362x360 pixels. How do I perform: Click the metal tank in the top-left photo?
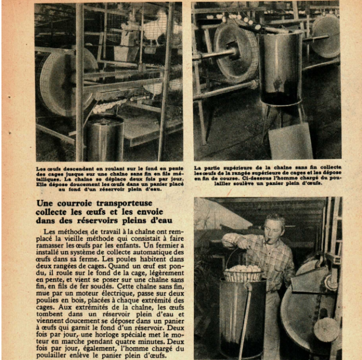[106, 138]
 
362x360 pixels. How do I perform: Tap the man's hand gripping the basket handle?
[231, 241]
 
